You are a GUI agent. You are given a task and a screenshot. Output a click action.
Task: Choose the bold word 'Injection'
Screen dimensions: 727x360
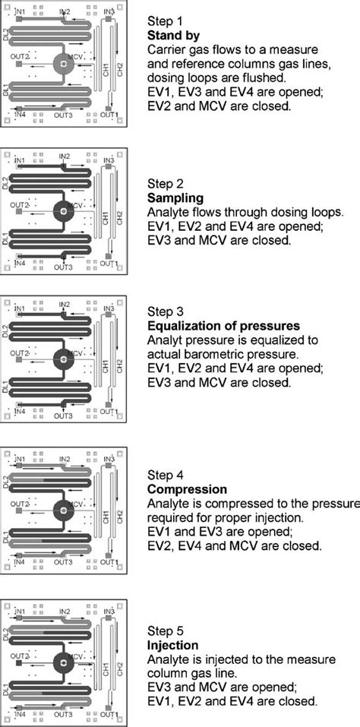pyautogui.click(x=172, y=644)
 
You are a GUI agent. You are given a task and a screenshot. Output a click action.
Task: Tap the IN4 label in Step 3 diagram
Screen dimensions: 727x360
pyautogui.click(x=21, y=414)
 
